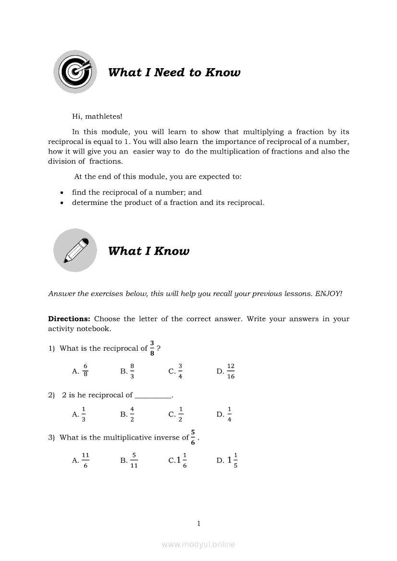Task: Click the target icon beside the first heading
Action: pyautogui.click(x=74, y=72)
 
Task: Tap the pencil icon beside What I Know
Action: pyautogui.click(x=74, y=250)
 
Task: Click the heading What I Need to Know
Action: pyautogui.click(x=174, y=72)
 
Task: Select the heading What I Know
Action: pyautogui.click(x=149, y=251)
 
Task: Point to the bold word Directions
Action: pyautogui.click(x=69, y=319)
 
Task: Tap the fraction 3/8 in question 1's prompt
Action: pyautogui.click(x=152, y=348)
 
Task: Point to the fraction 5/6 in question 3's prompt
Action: pyautogui.click(x=193, y=437)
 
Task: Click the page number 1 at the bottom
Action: pyautogui.click(x=198, y=524)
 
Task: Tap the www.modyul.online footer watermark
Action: pyautogui.click(x=198, y=544)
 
